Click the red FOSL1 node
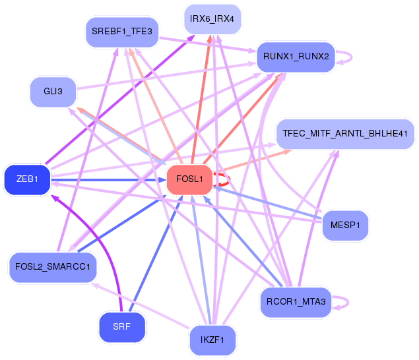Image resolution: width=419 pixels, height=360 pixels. [189, 179]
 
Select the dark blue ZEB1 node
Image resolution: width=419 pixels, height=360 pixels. [27, 179]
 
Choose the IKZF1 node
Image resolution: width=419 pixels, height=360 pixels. [212, 341]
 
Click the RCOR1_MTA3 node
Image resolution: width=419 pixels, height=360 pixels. [294, 302]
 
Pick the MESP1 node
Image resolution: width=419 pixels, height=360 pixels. [345, 226]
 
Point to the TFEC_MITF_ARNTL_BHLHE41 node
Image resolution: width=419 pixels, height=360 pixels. [344, 133]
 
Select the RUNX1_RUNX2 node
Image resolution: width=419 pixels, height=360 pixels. [296, 57]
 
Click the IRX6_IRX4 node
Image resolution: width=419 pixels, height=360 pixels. [212, 19]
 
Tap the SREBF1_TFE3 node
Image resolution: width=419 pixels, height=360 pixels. [122, 32]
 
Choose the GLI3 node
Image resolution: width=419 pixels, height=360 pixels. [53, 92]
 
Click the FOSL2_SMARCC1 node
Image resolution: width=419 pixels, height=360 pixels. [53, 267]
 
